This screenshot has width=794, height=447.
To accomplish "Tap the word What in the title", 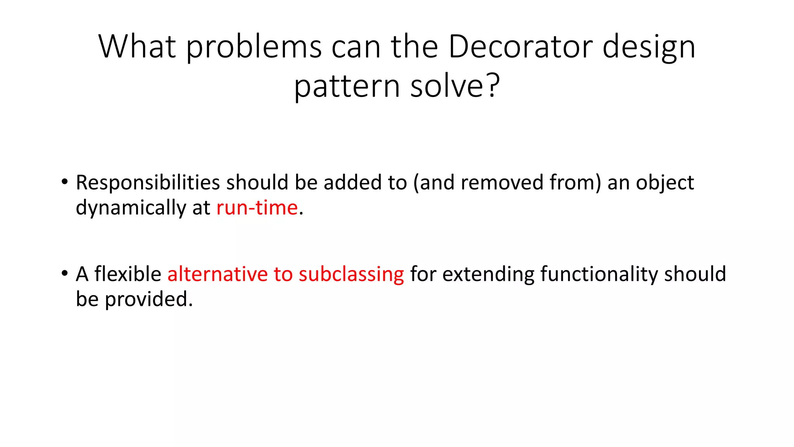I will [x=137, y=47].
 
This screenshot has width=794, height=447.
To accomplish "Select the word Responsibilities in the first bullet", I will [x=148, y=183].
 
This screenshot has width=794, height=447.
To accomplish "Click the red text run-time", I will [x=257, y=208].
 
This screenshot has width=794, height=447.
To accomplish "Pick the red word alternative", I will [x=217, y=274].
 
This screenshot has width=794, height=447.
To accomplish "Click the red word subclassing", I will [x=351, y=275].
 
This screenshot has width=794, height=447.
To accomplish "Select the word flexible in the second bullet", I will [x=128, y=274].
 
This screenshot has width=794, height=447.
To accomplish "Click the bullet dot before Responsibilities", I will [x=64, y=182].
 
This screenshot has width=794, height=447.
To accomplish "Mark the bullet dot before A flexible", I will [x=64, y=273].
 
